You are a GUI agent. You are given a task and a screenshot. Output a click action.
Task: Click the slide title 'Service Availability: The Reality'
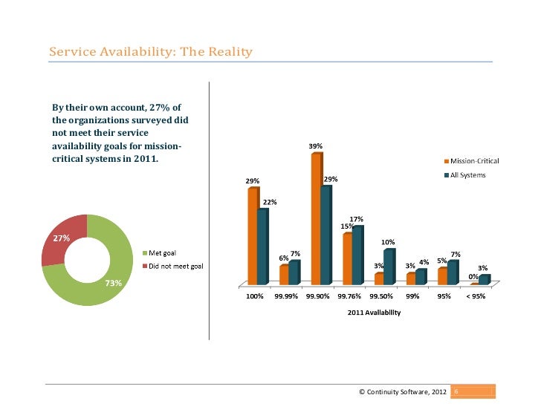150,52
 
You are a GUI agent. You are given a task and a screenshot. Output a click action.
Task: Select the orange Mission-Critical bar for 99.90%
316,220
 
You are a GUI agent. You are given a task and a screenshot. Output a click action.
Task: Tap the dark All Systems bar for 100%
262,246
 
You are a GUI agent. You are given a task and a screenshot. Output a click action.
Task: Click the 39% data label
315,146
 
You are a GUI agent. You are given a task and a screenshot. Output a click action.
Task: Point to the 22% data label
270,202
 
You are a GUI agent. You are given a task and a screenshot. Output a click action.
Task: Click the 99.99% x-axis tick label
286,297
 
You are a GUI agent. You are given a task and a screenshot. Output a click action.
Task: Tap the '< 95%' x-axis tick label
475,297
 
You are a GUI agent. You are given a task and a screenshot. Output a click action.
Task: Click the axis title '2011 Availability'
374,313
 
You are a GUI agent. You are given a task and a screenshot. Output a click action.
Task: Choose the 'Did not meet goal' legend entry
175,266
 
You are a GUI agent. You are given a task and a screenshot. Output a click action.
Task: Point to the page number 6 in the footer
456,391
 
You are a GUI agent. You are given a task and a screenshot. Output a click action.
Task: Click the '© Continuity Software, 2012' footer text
402,391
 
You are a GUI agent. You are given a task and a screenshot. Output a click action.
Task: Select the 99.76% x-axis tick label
349,297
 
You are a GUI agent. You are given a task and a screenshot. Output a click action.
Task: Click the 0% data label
473,277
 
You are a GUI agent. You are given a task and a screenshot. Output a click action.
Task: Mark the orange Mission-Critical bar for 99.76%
347,259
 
